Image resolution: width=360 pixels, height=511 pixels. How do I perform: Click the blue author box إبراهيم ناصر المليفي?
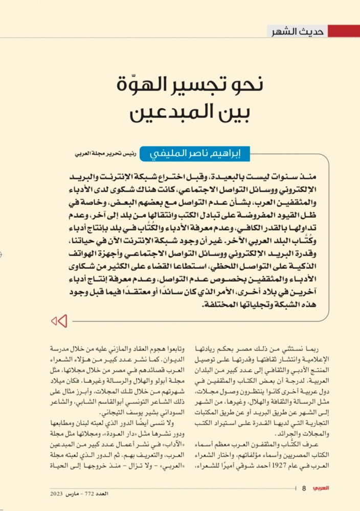click(194, 153)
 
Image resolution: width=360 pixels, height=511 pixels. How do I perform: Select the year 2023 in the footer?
click(57, 495)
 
